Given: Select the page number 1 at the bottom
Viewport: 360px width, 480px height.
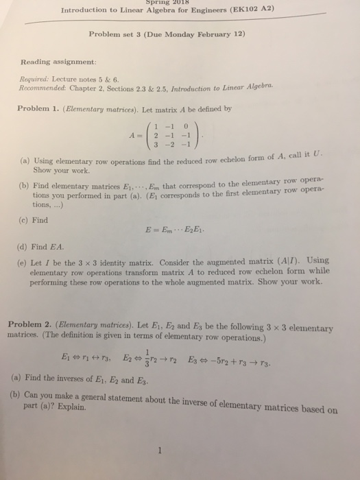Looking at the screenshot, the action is (x=158, y=451).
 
